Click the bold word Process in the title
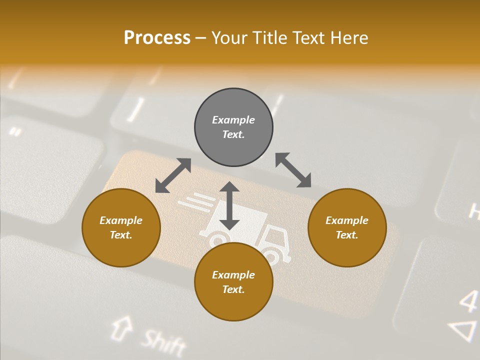[x=157, y=38]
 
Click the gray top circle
[x=233, y=127]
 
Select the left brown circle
[x=121, y=228]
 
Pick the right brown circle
[x=347, y=228]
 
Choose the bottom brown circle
[x=233, y=282]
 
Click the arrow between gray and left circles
[x=173, y=175]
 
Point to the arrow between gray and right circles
[x=293, y=170]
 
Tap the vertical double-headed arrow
[x=229, y=205]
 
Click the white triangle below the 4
[x=463, y=330]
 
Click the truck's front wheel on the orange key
[x=270, y=256]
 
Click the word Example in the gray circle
[x=233, y=120]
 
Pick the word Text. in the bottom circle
[x=233, y=289]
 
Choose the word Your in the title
[x=230, y=38]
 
